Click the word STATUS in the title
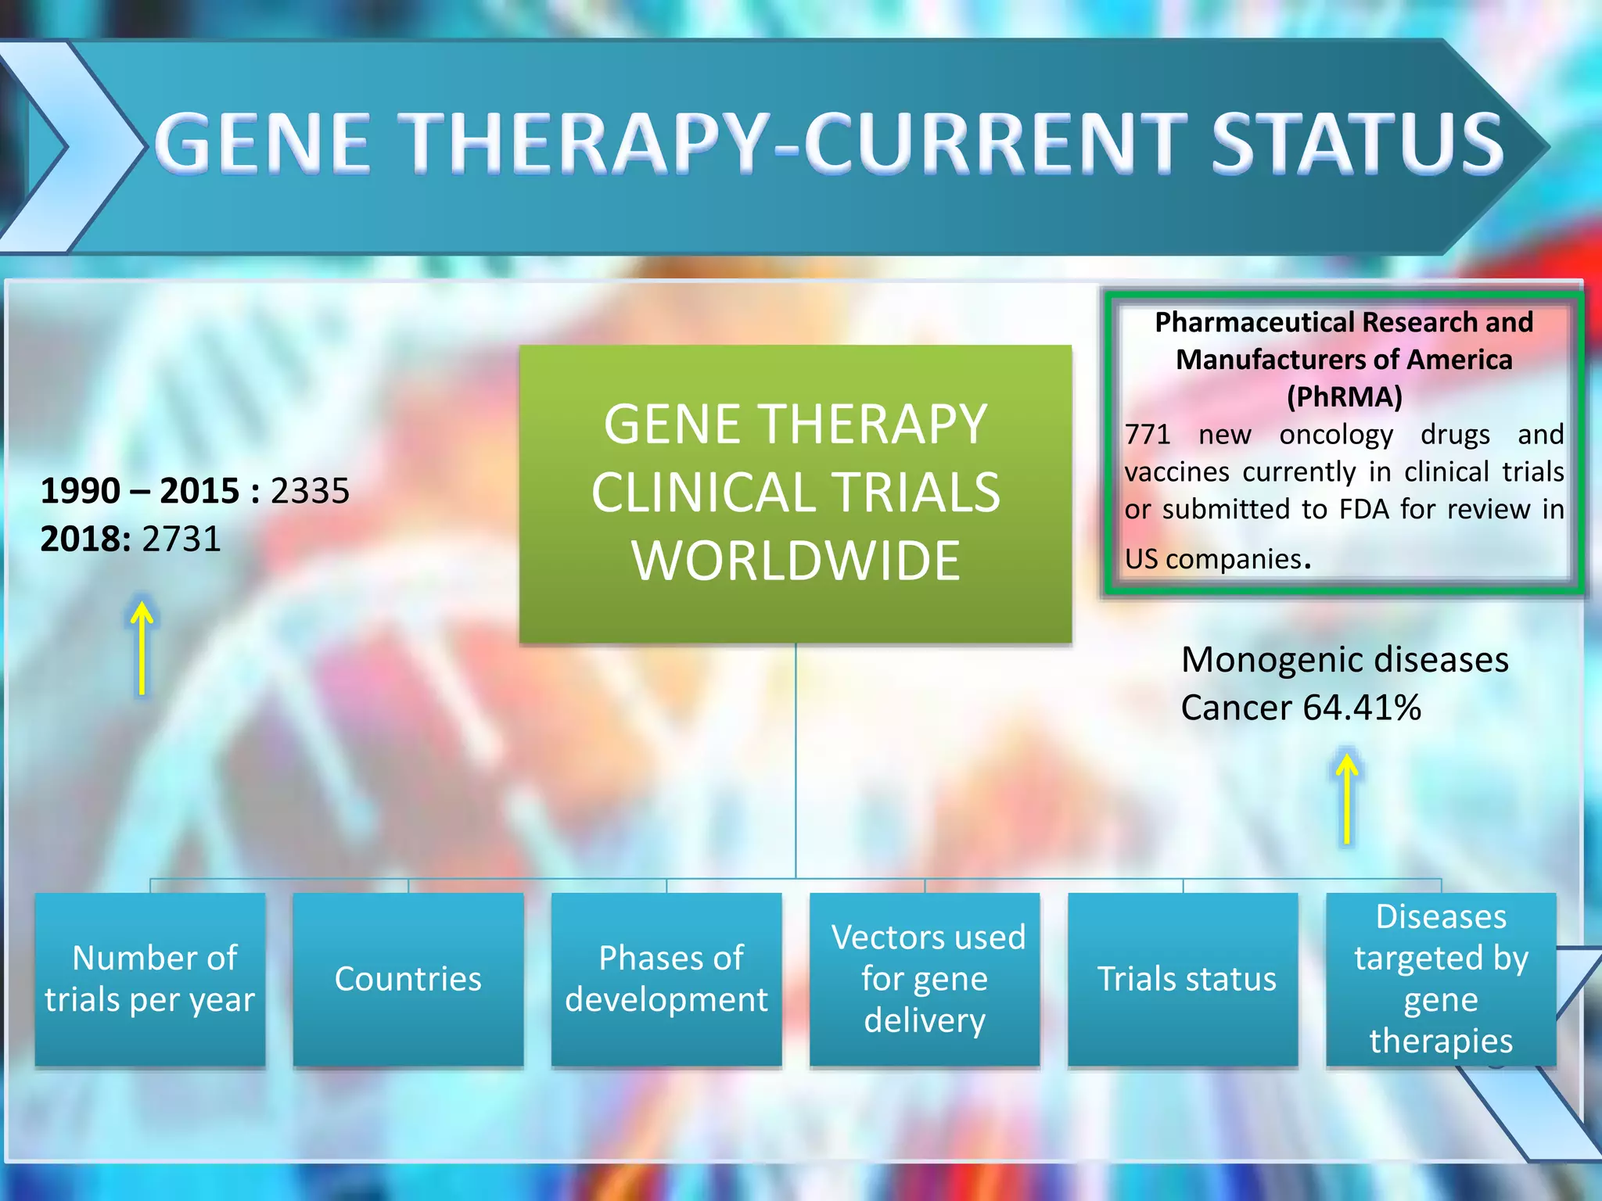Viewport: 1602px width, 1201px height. tap(1357, 142)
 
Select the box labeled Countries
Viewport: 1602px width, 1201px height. tap(408, 979)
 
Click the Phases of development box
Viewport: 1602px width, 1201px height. tap(666, 979)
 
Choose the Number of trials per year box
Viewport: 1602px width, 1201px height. tap(150, 979)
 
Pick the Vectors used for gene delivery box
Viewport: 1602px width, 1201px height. tap(925, 979)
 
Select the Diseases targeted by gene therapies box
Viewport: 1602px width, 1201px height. tap(1441, 979)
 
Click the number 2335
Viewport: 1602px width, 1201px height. tap(310, 491)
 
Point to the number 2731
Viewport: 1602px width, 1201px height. tap(181, 540)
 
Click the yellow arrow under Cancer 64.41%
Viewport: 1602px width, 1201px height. tap(1346, 798)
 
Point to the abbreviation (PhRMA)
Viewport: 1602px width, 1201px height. tap(1344, 397)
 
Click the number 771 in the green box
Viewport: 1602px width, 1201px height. tap(1147, 435)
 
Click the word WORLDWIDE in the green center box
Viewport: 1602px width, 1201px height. tap(796, 561)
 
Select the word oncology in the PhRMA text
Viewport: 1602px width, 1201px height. tap(1336, 435)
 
